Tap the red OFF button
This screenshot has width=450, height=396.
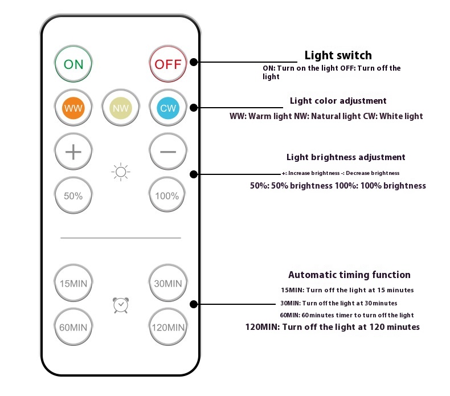coord(168,64)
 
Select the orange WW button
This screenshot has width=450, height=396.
coord(73,108)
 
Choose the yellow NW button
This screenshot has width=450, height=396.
coord(121,108)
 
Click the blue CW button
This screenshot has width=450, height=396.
coord(168,108)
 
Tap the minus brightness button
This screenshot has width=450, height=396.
coord(168,152)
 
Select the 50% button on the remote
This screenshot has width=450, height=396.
coord(73,195)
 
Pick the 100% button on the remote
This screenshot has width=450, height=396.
coord(167,195)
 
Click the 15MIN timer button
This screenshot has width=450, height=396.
coord(73,283)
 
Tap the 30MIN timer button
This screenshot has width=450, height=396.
coord(168,283)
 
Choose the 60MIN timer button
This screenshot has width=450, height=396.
coord(73,327)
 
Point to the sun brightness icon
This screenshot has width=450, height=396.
coord(121,172)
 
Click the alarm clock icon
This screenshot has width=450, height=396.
coord(121,305)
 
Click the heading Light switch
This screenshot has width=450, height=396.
coord(338,55)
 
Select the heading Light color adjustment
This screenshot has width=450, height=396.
coord(338,101)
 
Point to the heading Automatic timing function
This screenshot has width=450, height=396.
coord(349,275)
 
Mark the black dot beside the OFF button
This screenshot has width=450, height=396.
coord(194,62)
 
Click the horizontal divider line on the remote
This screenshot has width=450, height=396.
coord(121,238)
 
